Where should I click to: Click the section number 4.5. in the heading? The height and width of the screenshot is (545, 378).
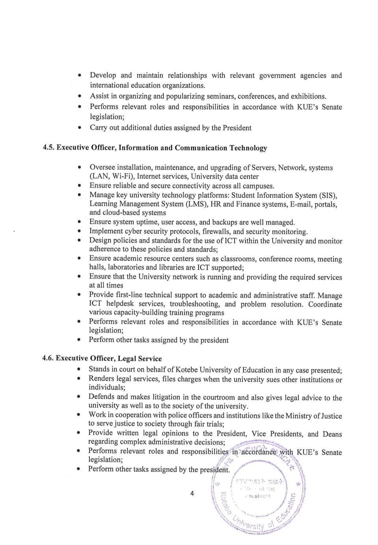point(49,148)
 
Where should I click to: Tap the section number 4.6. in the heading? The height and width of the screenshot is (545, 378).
point(48,358)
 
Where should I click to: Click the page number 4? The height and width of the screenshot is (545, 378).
point(192,493)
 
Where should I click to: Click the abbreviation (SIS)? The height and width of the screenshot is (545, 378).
point(328,195)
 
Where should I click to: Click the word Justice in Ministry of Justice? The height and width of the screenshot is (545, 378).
point(329,416)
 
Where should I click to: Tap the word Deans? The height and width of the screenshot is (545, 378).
point(332,434)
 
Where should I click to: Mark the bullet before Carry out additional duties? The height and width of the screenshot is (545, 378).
point(80,128)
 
